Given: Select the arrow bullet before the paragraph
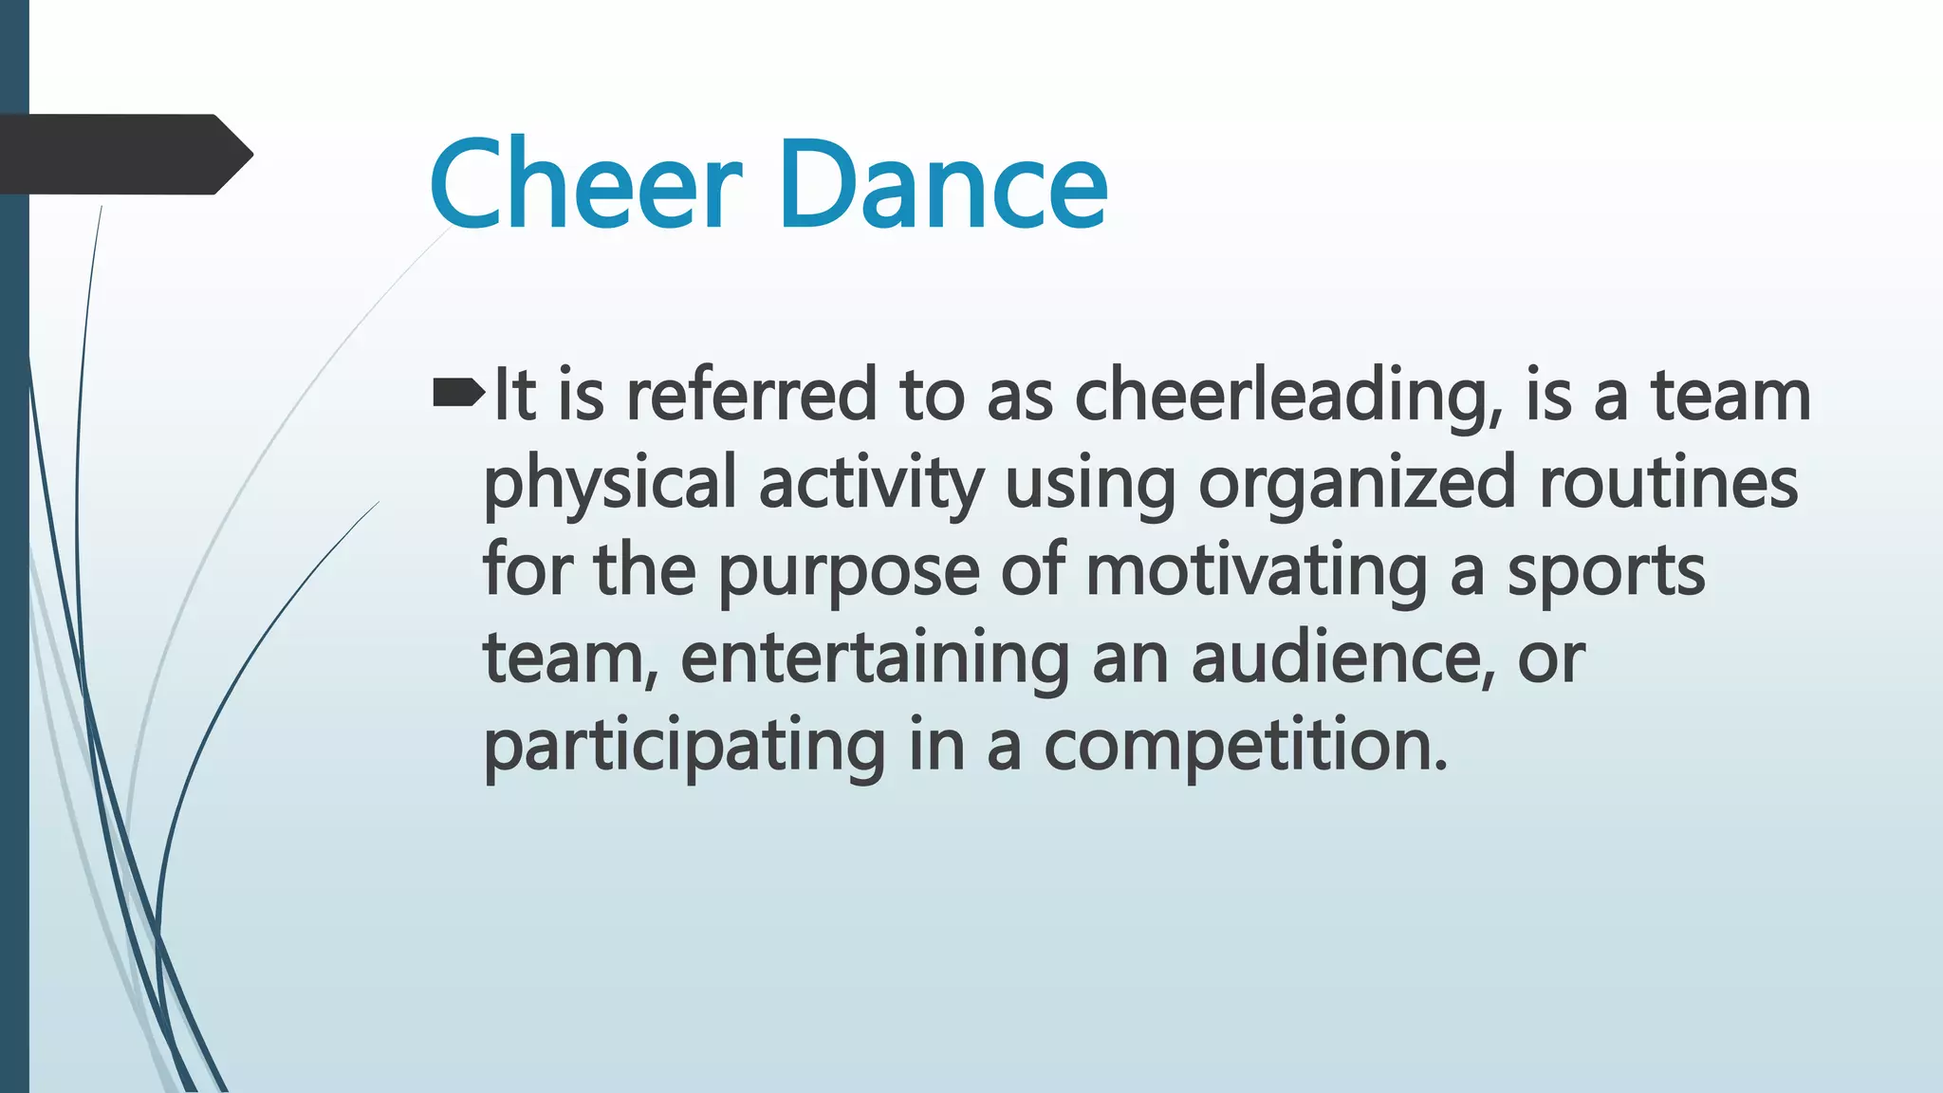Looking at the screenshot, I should pyautogui.click(x=458, y=393).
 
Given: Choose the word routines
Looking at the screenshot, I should pyautogui.click(x=1668, y=482).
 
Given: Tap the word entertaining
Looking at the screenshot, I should pyautogui.click(x=875, y=658).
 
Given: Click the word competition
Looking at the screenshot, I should pyautogui.click(x=1237, y=746).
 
